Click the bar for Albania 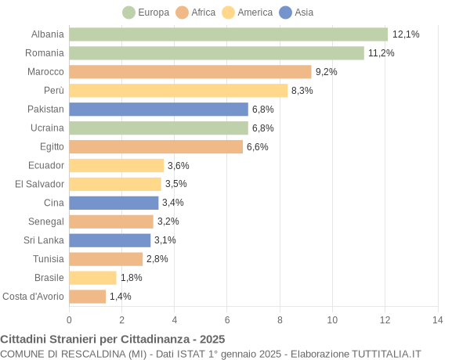[228, 34]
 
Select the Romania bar [216, 53]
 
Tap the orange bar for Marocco [190, 72]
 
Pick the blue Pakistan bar [158, 110]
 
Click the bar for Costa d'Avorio [87, 297]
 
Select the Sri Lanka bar [110, 240]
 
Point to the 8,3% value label [302, 91]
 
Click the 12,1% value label [406, 34]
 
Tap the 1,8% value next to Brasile [131, 278]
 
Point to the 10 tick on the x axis [332, 319]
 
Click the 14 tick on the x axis [437, 319]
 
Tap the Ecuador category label [46, 165]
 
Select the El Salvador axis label [39, 184]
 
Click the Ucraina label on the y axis [47, 128]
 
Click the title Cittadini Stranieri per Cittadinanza [112, 339]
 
